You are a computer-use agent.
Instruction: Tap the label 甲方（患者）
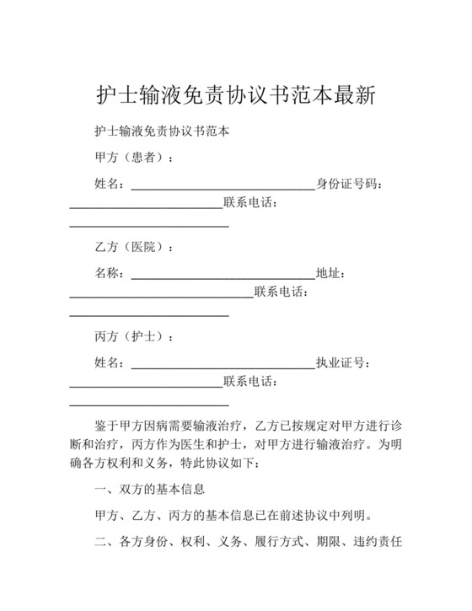pos(132,158)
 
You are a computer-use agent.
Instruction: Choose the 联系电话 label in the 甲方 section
pos(249,203)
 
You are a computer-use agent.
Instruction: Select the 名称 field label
pos(109,273)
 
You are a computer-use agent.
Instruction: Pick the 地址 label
pos(329,273)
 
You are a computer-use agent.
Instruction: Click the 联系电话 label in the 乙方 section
pos(280,292)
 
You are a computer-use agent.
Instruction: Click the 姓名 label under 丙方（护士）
pos(109,363)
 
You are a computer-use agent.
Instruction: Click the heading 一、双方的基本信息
pos(149,490)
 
